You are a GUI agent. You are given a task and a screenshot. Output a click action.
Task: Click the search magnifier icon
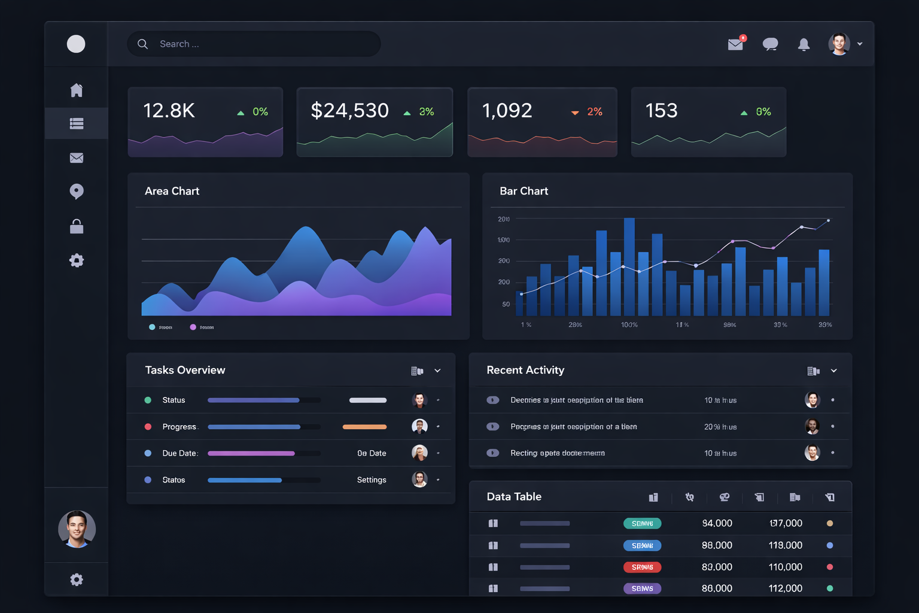(x=142, y=44)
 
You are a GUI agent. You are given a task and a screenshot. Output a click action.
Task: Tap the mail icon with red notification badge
(x=736, y=44)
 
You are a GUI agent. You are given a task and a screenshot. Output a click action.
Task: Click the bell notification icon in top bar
(x=804, y=44)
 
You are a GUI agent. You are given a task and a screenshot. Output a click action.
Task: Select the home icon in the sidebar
(x=77, y=90)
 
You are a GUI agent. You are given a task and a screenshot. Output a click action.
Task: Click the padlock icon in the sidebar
(x=77, y=226)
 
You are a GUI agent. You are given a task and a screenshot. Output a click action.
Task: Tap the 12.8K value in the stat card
(x=169, y=111)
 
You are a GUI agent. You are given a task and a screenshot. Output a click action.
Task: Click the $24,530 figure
(x=349, y=111)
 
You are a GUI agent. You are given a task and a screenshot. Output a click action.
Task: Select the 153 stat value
(x=661, y=111)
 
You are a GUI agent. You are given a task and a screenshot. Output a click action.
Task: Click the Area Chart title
(x=172, y=191)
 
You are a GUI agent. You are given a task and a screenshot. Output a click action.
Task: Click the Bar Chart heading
(x=524, y=191)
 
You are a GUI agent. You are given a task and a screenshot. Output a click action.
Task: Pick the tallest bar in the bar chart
(x=629, y=266)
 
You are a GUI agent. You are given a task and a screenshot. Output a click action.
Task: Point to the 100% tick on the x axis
(x=629, y=324)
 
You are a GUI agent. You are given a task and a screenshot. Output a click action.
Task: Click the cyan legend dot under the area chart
(x=152, y=327)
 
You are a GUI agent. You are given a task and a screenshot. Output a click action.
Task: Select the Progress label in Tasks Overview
(x=179, y=427)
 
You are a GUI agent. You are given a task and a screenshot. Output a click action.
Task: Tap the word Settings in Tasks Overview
(x=372, y=480)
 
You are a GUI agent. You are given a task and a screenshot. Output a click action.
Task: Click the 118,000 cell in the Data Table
(x=785, y=545)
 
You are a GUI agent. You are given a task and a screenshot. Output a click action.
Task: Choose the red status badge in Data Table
(x=642, y=567)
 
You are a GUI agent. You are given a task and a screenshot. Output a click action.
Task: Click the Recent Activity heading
(x=525, y=370)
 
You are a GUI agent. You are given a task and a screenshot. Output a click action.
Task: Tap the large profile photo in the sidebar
(x=77, y=529)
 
